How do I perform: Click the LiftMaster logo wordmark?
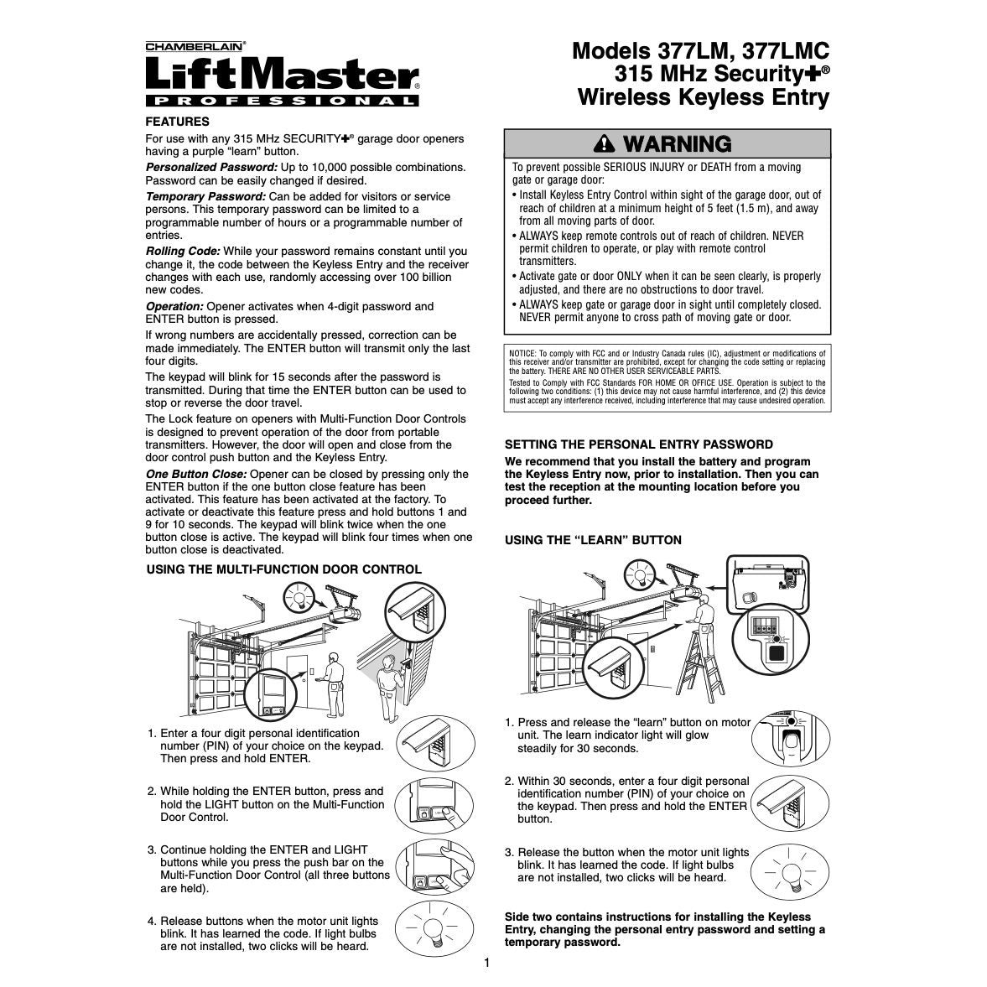(x=282, y=75)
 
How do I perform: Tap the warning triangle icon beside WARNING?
(x=605, y=144)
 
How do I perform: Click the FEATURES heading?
(x=178, y=122)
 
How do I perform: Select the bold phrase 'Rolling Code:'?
(x=183, y=252)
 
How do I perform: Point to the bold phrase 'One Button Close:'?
(x=195, y=474)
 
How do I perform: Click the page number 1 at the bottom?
(x=486, y=963)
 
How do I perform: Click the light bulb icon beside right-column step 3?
(x=790, y=872)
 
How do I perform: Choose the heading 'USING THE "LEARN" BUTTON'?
(x=593, y=540)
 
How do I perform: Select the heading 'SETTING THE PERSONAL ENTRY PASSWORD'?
(x=639, y=444)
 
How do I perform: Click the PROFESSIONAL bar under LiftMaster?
(x=282, y=101)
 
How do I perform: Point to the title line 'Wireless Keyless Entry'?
(x=704, y=97)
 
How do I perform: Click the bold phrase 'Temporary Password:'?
(x=205, y=197)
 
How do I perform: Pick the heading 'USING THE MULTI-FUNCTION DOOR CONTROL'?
(x=284, y=569)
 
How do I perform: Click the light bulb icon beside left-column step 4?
(x=434, y=929)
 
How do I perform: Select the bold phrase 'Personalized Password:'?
(x=211, y=168)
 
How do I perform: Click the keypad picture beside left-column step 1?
(x=435, y=744)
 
